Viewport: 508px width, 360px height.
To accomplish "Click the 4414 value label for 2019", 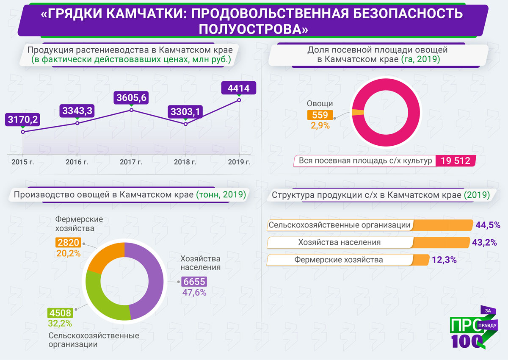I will [x=239, y=89].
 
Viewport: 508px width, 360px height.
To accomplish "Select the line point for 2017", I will [x=131, y=110].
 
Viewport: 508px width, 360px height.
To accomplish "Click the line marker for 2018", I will [x=185, y=124].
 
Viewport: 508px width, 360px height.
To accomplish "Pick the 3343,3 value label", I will [x=77, y=111].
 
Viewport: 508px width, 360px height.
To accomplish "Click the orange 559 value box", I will [x=320, y=115].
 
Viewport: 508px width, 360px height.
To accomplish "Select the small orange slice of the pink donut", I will [x=358, y=112].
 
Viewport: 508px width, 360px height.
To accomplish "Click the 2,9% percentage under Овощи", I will [x=320, y=125].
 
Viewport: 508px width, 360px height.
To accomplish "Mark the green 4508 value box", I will [x=60, y=313].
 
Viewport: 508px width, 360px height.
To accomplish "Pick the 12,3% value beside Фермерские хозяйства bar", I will [x=444, y=260].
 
